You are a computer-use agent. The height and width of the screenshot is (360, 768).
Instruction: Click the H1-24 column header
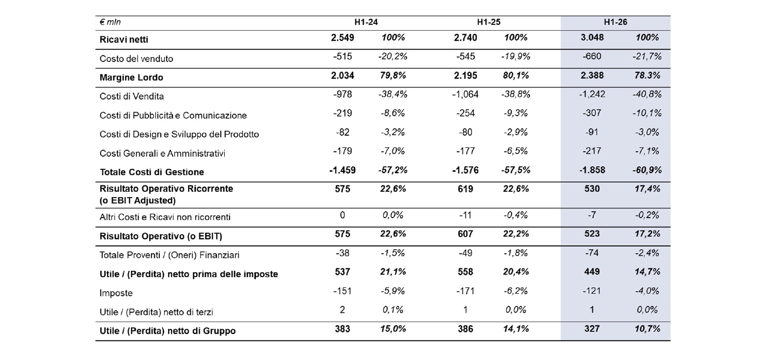coord(366,22)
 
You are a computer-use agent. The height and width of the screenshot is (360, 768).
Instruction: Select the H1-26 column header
coord(615,22)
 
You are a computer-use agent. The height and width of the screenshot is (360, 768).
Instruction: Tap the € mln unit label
coord(110,22)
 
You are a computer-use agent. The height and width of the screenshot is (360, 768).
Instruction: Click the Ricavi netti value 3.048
coord(592,38)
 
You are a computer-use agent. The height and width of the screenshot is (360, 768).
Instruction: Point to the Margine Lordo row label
coord(131,78)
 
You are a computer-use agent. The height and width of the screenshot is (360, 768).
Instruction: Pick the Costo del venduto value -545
coord(466,56)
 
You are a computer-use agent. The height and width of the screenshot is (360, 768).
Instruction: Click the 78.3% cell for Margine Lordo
coord(647,76)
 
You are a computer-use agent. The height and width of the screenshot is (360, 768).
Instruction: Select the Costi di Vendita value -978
coord(342,94)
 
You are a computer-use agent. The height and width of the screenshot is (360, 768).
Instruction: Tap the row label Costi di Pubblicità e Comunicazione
coord(173,116)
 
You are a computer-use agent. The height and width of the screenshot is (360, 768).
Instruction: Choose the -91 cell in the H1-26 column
coord(592,132)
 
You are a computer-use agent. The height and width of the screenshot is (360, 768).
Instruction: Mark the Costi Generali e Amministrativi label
coord(162,154)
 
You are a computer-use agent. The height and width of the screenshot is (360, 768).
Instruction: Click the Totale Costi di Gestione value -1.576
coord(465,170)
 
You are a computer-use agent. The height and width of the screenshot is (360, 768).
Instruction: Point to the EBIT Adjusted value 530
coord(592,189)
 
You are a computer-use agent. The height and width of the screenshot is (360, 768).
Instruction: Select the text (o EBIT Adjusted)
coord(138,200)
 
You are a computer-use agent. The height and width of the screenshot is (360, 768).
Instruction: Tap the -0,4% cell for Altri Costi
coord(516,215)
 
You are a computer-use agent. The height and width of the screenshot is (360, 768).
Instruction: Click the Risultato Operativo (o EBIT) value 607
coord(465,234)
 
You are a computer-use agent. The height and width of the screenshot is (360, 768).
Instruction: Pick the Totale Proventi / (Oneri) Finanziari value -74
coord(592,253)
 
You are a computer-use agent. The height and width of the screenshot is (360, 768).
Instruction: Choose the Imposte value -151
coord(342,291)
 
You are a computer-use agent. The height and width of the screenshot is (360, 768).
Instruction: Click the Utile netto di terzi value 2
coord(342,310)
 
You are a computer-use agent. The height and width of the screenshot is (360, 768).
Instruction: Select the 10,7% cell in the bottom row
coord(647,329)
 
